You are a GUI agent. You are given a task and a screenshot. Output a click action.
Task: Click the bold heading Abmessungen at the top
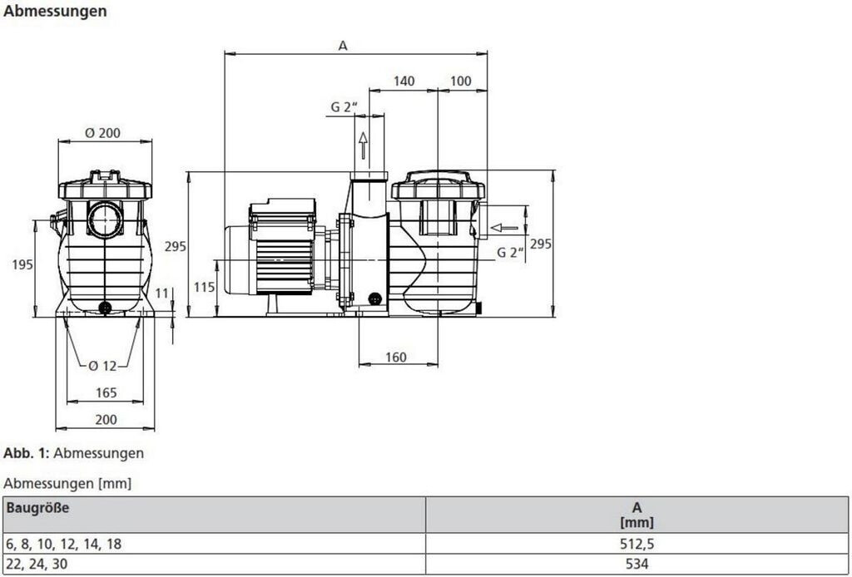(55, 12)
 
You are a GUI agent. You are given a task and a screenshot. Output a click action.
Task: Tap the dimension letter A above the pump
(343, 46)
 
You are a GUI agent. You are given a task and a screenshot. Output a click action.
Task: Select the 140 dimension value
(404, 81)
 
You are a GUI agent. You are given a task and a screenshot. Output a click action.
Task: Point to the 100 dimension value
(461, 81)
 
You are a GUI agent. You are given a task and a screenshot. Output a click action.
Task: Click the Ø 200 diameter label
(102, 133)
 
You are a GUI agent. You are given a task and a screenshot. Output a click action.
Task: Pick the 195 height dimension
(23, 265)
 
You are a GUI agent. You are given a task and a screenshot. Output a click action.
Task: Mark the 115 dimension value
(205, 287)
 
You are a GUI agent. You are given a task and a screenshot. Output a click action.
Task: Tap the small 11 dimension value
(162, 293)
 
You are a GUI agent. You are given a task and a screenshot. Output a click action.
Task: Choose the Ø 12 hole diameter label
(102, 367)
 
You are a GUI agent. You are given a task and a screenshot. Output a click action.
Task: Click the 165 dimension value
(106, 392)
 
